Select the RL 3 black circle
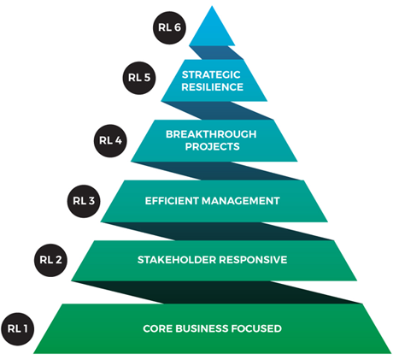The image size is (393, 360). [x=83, y=201]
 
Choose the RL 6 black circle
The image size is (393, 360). [x=167, y=27]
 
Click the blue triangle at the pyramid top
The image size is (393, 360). [x=212, y=30]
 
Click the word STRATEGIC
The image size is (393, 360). [x=212, y=74]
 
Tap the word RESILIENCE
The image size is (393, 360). [x=212, y=86]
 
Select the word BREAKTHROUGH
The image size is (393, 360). [x=212, y=133]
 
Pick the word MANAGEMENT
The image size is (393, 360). [x=244, y=201]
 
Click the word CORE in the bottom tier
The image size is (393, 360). [x=158, y=328]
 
